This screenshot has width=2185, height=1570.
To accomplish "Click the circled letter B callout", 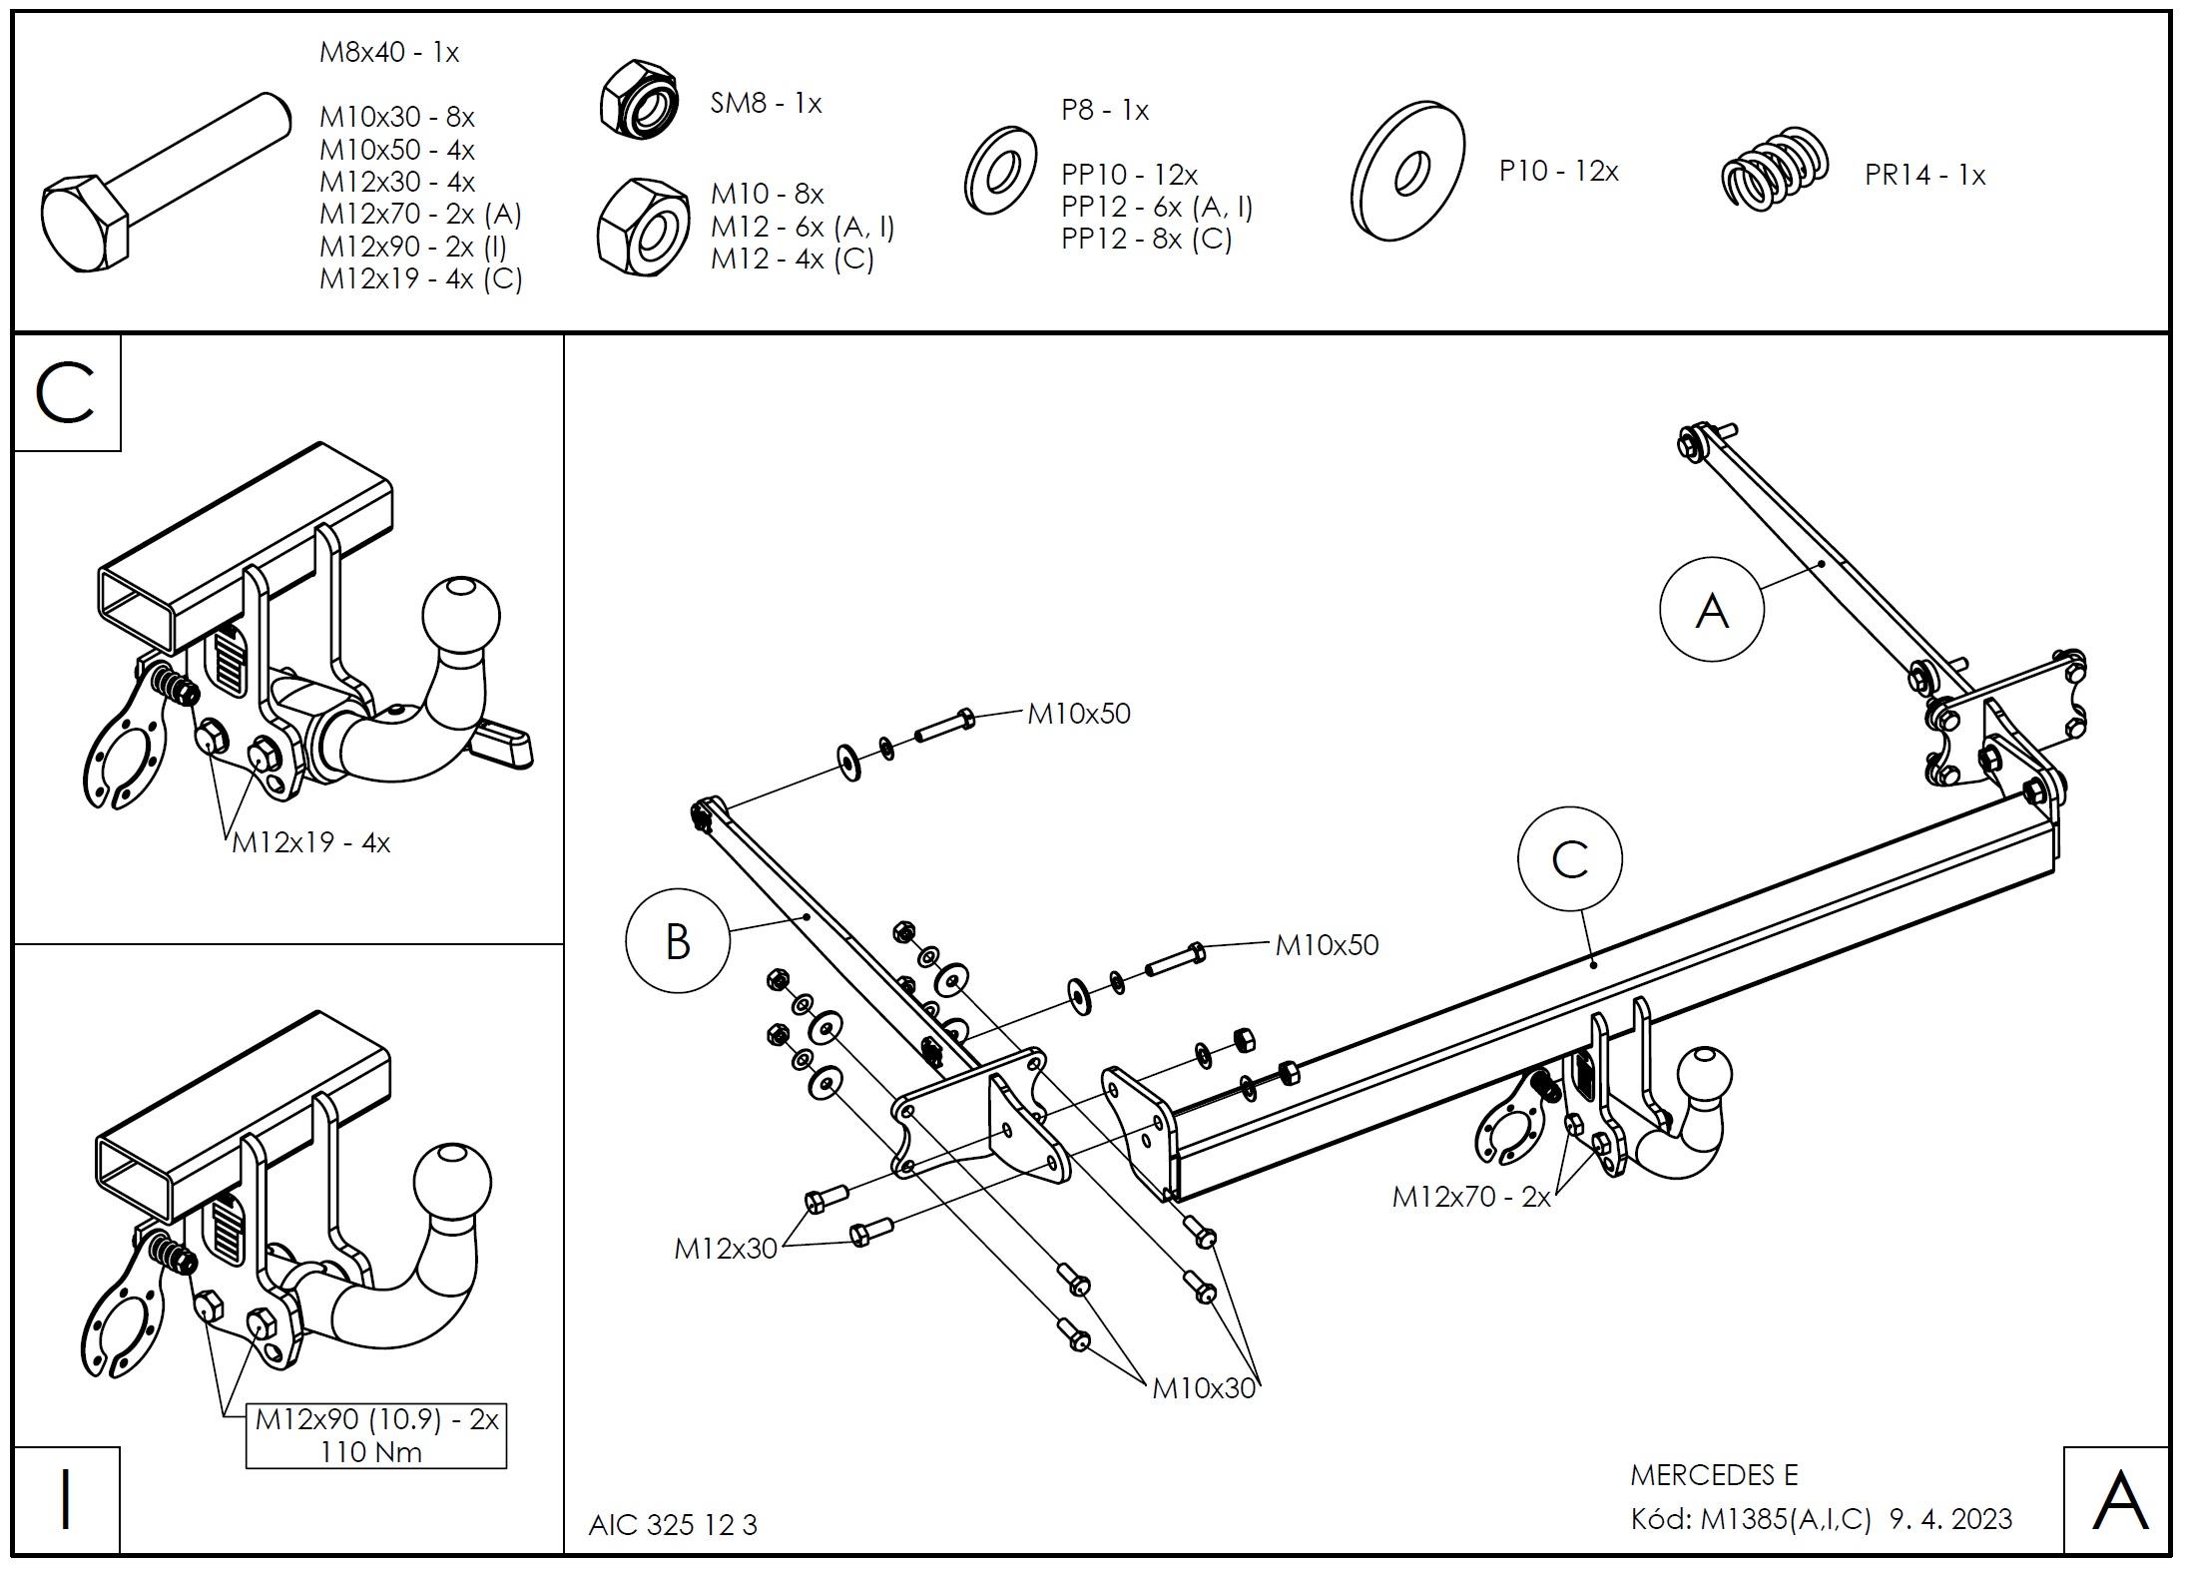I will click(678, 940).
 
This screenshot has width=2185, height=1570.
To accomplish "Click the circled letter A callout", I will click(1711, 609).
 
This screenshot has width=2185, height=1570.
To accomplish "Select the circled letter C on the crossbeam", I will click(1569, 859).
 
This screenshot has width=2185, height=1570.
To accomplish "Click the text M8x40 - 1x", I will click(388, 52).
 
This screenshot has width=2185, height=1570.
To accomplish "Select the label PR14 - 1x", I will click(1924, 176).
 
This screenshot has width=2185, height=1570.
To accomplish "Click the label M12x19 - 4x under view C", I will click(310, 842).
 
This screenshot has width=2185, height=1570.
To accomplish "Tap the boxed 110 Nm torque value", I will click(371, 1452).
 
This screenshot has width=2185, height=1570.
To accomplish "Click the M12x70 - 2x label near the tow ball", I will click(1471, 1197).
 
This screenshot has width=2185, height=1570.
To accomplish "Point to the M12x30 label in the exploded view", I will click(726, 1249).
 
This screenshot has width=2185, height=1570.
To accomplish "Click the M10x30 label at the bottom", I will click(1203, 1388).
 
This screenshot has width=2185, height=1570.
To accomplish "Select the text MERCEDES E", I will click(1714, 1475).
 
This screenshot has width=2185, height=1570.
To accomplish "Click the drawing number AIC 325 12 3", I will click(673, 1525).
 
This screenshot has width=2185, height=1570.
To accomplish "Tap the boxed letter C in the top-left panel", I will click(66, 393).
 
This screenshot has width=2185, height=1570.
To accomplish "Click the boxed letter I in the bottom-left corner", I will click(66, 1500).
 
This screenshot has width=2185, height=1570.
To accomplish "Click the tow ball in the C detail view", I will click(461, 616).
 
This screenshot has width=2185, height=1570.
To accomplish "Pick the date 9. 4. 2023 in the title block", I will click(1950, 1519).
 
